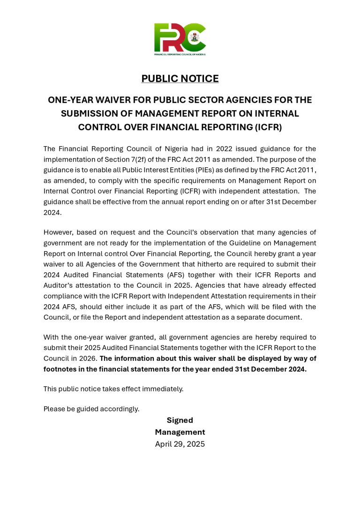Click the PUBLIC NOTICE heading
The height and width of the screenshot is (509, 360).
180,79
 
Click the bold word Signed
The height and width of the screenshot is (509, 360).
180,420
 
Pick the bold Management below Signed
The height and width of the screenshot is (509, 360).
180,432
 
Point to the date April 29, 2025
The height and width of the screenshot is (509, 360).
180,444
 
